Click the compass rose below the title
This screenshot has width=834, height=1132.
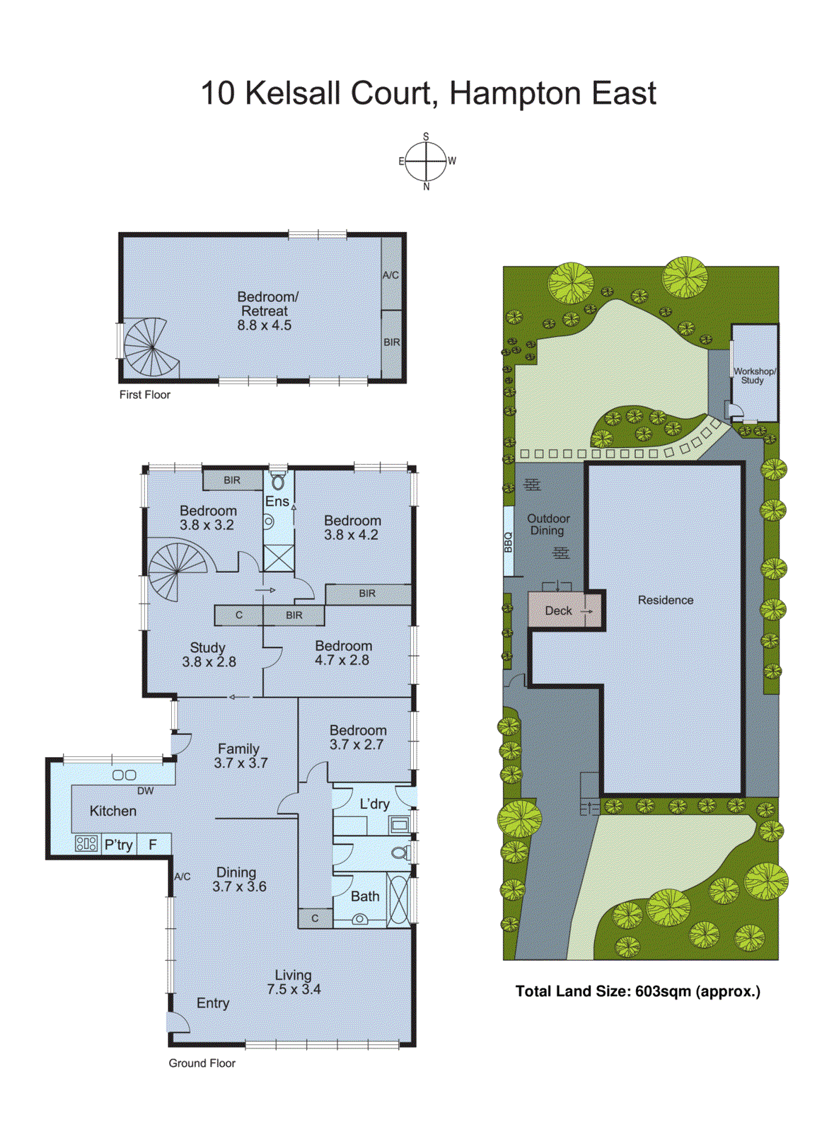tap(426, 161)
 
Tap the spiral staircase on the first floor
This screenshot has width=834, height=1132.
tap(151, 347)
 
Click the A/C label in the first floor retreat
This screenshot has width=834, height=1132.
tap(390, 275)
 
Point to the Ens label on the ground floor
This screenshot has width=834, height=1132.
tap(277, 502)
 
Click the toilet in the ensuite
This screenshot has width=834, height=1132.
tap(278, 481)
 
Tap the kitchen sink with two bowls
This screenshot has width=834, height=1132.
tap(124, 775)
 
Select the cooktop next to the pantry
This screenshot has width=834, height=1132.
tap(86, 843)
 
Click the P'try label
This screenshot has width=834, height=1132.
tap(119, 845)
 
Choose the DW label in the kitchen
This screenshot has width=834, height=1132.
tap(145, 791)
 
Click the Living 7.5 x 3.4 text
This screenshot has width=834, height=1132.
tap(294, 983)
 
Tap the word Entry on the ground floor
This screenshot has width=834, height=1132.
tap(213, 1003)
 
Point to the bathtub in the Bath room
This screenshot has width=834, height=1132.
tap(398, 899)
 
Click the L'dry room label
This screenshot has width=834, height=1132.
tap(374, 804)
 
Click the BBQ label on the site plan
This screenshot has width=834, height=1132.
tap(508, 542)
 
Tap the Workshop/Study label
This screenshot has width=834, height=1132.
tap(754, 376)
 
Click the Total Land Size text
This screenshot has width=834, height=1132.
tap(637, 991)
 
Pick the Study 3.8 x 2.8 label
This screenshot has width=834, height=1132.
tap(209, 655)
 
